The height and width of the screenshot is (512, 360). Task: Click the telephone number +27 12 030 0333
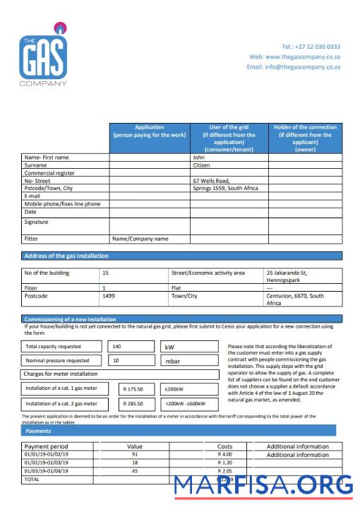(x=311, y=47)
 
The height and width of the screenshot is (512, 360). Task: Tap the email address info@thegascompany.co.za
(x=293, y=67)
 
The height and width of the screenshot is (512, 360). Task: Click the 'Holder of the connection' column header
(x=305, y=138)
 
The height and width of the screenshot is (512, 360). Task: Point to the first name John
(x=199, y=157)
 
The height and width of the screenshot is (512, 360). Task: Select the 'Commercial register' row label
(x=49, y=173)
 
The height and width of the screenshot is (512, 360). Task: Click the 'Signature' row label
(x=37, y=222)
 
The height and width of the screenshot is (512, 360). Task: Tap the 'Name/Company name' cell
(x=140, y=239)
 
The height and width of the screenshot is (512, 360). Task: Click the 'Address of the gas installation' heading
(x=67, y=256)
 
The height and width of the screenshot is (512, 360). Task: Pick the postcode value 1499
(x=109, y=296)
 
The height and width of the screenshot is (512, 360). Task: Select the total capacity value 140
(x=117, y=347)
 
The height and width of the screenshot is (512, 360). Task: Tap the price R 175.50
(x=133, y=389)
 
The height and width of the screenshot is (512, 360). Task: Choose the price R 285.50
(x=133, y=404)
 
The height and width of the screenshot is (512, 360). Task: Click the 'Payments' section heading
(x=38, y=430)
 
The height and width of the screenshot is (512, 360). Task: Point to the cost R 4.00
(x=224, y=454)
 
